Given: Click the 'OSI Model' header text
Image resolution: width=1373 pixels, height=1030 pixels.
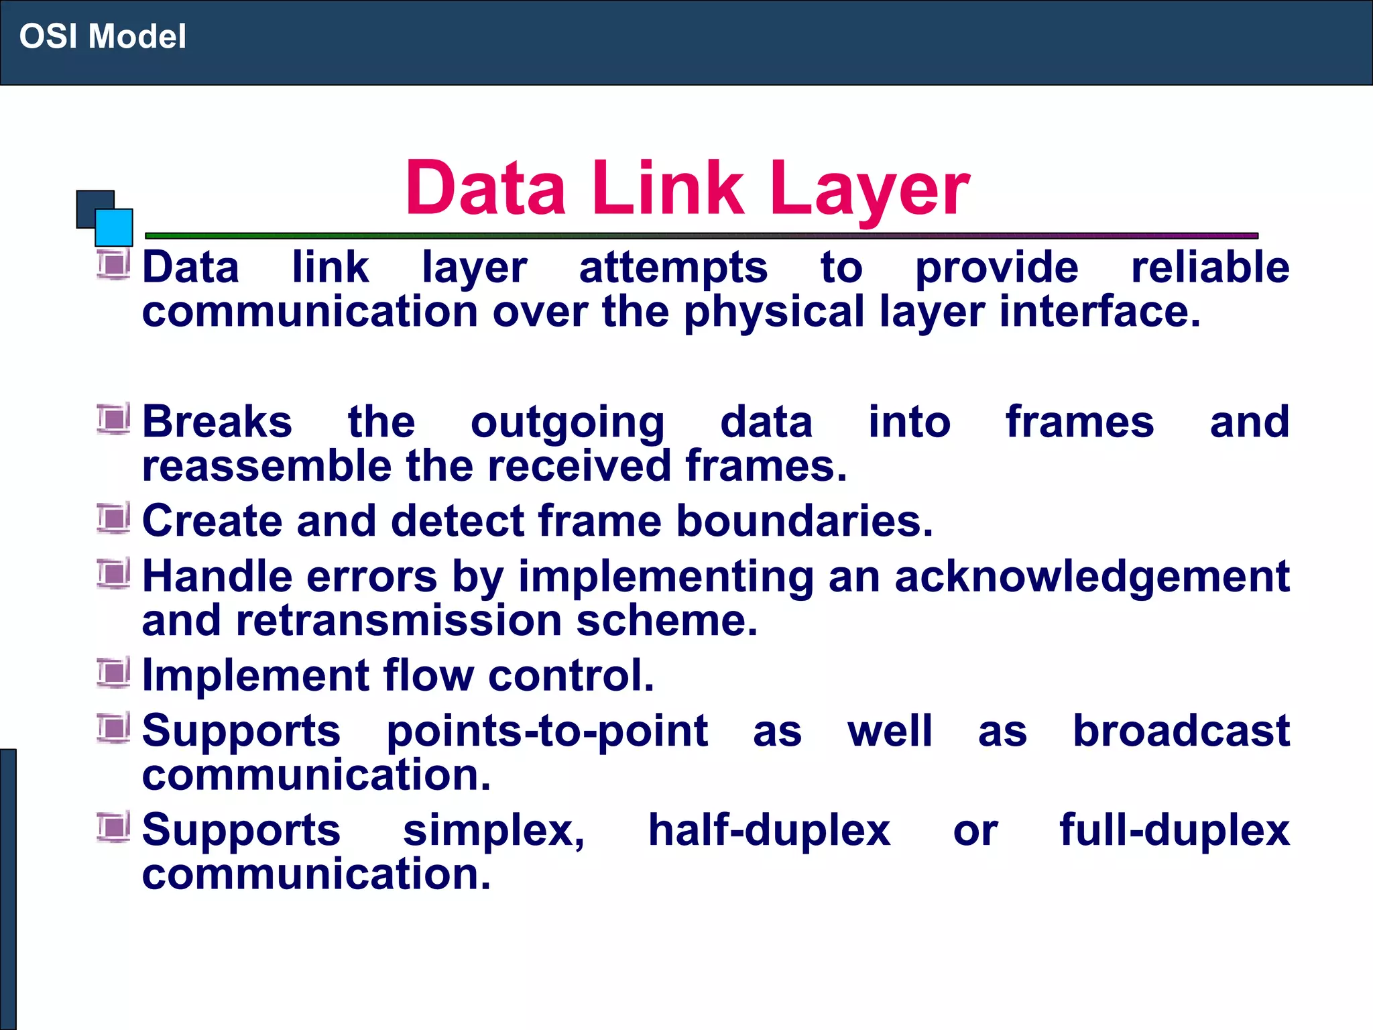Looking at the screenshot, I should [103, 36].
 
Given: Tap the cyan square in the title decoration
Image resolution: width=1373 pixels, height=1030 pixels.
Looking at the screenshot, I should [114, 227].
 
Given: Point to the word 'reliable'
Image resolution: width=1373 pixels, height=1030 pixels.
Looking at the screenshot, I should [1210, 267].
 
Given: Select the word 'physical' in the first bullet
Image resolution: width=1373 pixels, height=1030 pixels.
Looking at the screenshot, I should [774, 312].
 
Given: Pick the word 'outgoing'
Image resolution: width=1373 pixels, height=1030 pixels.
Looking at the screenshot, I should [567, 423].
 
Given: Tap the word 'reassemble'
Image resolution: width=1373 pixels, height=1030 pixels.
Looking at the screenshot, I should [266, 466].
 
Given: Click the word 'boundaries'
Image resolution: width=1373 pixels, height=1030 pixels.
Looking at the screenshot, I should [804, 521].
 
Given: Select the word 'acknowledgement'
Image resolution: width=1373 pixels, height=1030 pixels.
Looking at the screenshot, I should [1091, 577].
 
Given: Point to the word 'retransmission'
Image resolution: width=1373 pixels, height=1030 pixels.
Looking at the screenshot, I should [399, 620].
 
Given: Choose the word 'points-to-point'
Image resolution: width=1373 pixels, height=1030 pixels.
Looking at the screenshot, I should [547, 731].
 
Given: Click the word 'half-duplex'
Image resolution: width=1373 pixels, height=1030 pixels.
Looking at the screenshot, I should [769, 830].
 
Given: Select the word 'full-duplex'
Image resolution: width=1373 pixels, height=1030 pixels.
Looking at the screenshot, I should [1175, 830].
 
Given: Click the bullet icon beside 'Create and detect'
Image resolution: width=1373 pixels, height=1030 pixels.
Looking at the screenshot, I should [113, 518].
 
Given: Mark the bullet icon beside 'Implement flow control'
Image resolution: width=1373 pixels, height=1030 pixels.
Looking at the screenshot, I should [113, 672].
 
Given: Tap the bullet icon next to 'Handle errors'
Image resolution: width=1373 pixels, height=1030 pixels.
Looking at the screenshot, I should [113, 573].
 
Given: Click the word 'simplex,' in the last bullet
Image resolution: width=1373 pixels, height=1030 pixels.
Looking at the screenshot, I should [494, 830].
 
